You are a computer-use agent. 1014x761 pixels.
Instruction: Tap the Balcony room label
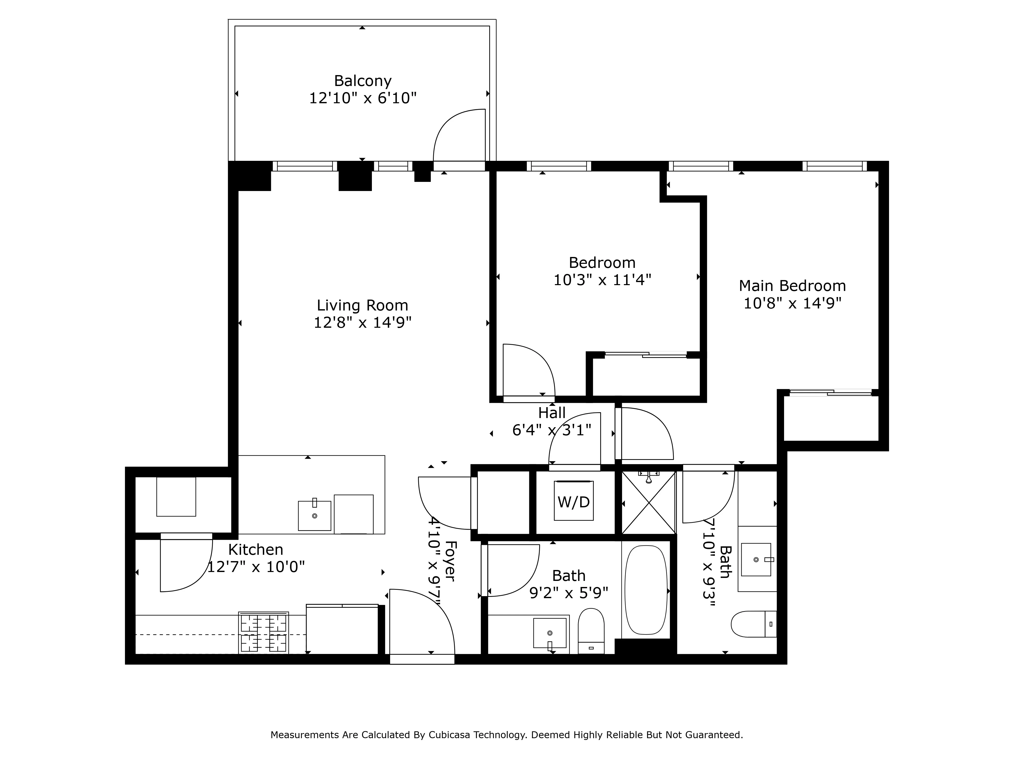pos(363,81)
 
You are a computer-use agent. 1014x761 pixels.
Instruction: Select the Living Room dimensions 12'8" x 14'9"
pos(362,322)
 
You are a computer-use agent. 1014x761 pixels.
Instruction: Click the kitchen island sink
pos(315,516)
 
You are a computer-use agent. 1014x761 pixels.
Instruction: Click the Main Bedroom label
pos(792,286)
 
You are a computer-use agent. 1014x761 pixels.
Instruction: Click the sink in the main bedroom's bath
pos(756,560)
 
